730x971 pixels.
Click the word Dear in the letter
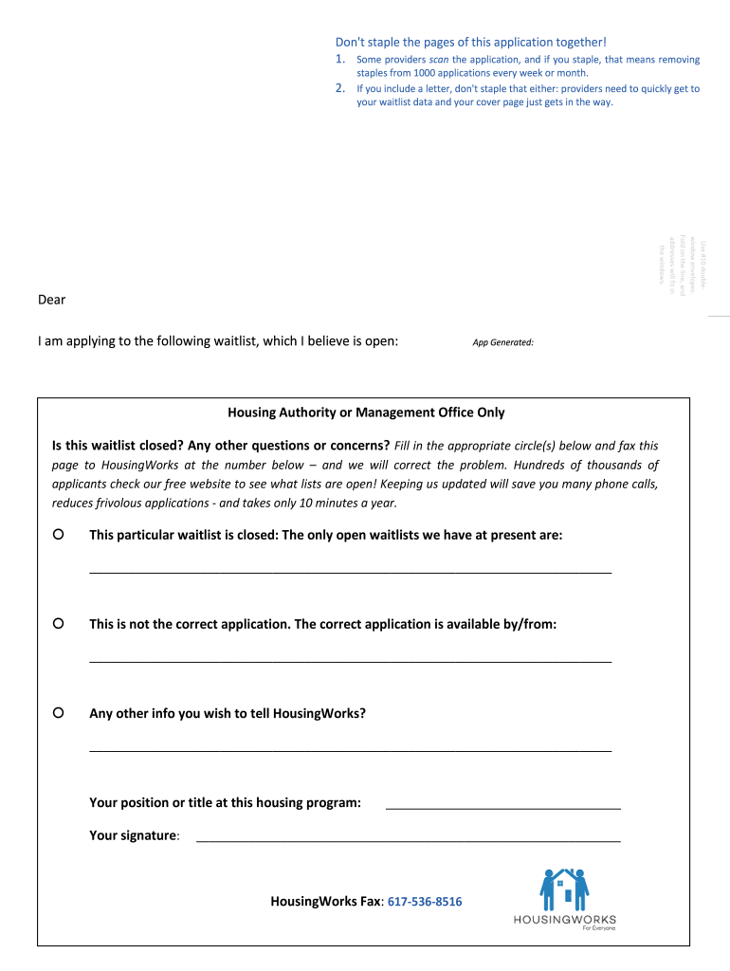51,300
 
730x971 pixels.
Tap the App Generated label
502,342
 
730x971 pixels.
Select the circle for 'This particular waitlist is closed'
59,535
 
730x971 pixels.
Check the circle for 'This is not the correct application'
59,624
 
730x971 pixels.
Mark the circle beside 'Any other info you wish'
59,712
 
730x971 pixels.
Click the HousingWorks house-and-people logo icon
564,889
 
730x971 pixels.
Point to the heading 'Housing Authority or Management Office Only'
366,412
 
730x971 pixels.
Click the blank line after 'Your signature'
408,840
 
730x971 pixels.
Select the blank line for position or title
502,807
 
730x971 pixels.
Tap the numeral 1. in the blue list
341,60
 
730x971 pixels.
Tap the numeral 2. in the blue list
341,89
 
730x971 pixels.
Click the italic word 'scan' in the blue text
439,60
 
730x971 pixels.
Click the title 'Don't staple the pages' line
470,42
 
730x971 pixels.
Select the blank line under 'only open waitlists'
350,572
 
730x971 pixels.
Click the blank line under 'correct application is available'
350,661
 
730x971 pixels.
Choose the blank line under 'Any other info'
350,750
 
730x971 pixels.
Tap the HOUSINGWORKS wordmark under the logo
564,919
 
